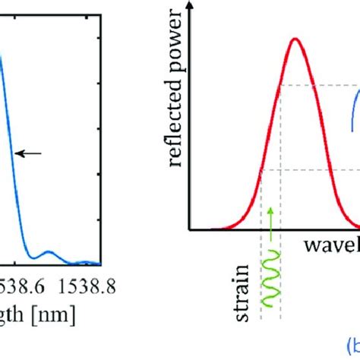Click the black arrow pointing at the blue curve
point(28,153)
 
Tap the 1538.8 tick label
point(79,287)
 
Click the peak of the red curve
point(295,39)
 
